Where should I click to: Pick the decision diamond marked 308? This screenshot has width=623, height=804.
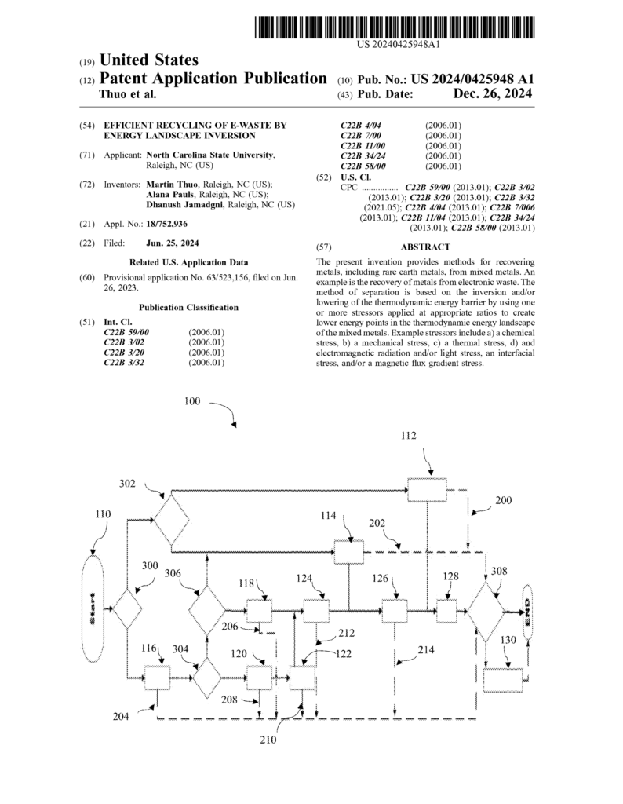[486, 610]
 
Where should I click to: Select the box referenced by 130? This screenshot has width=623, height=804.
[502, 679]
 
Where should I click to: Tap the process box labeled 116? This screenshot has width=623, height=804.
[158, 677]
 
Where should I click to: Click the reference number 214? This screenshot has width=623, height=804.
[425, 650]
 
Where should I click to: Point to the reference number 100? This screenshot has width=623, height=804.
[192, 400]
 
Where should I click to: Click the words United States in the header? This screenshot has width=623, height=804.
[148, 60]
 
